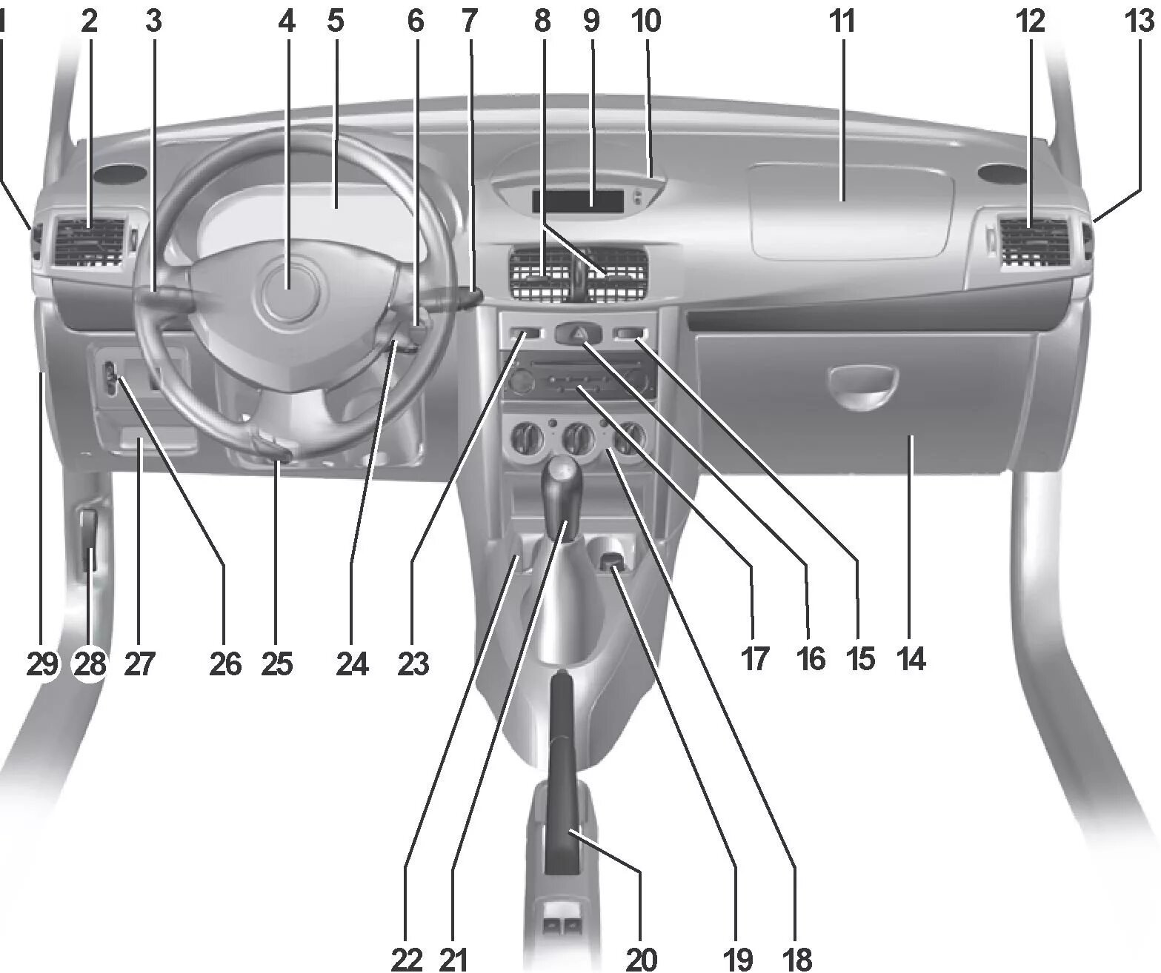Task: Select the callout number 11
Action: tap(841, 21)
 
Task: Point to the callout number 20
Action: tap(641, 958)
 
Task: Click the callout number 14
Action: tap(911, 660)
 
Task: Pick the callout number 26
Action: tap(225, 663)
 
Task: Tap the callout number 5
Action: tap(336, 21)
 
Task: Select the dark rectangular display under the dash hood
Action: tap(578, 201)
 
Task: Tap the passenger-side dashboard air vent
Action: tap(1033, 244)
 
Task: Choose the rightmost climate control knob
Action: tap(629, 438)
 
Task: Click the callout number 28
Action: tap(90, 663)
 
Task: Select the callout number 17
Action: tap(754, 660)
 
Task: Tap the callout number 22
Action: tap(407, 958)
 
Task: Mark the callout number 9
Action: tap(592, 21)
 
